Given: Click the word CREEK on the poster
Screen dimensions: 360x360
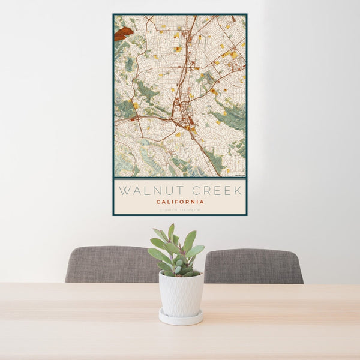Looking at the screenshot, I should pyautogui.click(x=215, y=191).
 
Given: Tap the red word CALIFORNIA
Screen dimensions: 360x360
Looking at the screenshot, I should pyautogui.click(x=180, y=202).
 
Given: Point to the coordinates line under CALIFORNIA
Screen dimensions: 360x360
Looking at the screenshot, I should pyautogui.click(x=180, y=209).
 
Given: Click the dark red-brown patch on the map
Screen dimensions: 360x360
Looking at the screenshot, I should pyautogui.click(x=124, y=34).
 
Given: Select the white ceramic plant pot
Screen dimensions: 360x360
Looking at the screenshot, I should pyautogui.click(x=181, y=293).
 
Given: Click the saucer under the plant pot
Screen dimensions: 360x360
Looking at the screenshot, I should pyautogui.click(x=181, y=318).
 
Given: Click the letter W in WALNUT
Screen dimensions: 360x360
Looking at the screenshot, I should pyautogui.click(x=124, y=191).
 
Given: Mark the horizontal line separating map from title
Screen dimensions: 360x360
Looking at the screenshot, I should pyautogui.click(x=180, y=179).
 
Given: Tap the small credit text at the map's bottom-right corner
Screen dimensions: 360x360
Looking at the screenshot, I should pyautogui.click(x=239, y=175).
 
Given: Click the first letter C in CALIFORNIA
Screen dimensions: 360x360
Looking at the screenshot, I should pyautogui.click(x=158, y=202).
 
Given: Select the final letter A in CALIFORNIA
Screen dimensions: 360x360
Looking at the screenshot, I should pyautogui.click(x=202, y=202).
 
